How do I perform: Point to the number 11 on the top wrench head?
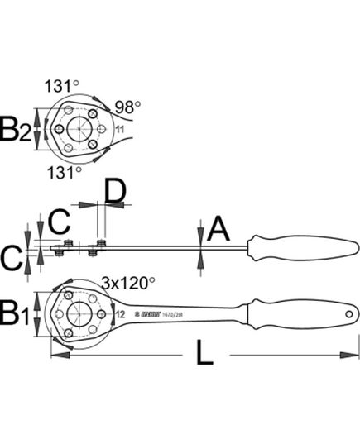coord(119,129)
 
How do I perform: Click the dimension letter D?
coord(114,193)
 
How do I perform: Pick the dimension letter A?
coord(217,228)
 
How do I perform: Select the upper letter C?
coord(57,222)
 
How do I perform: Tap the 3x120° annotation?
coord(127,283)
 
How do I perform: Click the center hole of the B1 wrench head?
coord(79,315)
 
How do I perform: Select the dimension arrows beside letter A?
coord(199,244)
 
